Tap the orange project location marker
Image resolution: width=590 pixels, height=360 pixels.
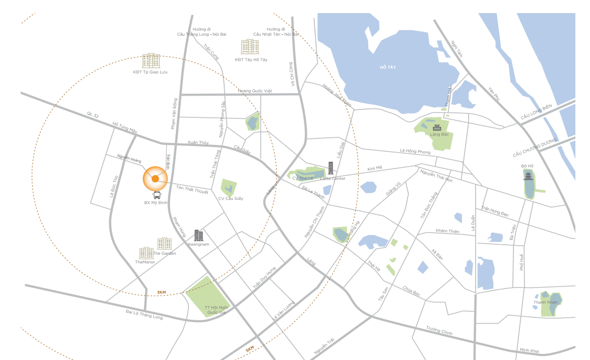pos(155,178)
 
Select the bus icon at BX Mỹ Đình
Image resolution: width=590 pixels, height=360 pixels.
pos(157,195)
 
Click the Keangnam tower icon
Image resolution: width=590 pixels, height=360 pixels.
pos(199,235)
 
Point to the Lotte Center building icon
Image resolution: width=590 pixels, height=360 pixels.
pos(331,168)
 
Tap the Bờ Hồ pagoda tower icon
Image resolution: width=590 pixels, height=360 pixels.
pos(528,176)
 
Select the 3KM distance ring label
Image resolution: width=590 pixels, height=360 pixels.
pos(161,292)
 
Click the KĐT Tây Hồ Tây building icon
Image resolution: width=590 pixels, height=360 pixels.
pos(250,47)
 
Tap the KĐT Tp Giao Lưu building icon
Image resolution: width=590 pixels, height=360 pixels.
pos(151,61)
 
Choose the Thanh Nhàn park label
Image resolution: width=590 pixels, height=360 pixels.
pos(544,303)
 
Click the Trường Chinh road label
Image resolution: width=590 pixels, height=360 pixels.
pos(439,330)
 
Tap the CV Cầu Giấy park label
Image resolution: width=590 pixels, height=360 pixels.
pos(231,198)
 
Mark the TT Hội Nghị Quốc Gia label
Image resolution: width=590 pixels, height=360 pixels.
pos(215,310)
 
